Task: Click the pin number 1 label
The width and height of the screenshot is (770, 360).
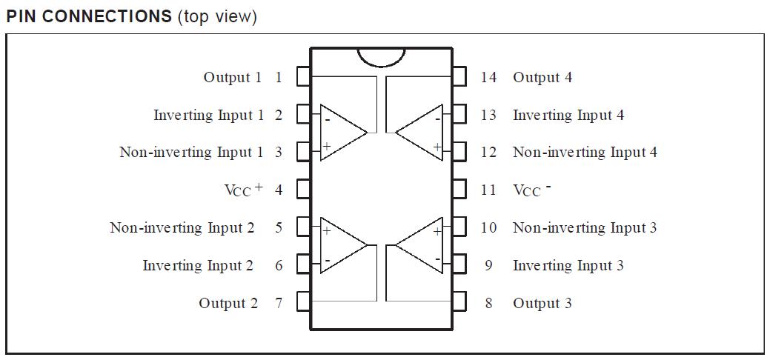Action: click(279, 77)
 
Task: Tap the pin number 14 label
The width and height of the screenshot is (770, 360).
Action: click(488, 77)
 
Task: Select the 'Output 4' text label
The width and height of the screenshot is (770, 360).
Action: click(542, 77)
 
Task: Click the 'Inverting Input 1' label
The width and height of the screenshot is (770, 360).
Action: click(208, 115)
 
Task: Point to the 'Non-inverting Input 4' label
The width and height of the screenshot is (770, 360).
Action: click(585, 152)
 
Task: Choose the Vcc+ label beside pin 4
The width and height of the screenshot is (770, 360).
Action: click(243, 190)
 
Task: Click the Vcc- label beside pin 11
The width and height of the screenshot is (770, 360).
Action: click(531, 190)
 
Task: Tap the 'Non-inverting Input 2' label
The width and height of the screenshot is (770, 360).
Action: click(182, 227)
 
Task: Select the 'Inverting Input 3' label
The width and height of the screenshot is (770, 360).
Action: click(568, 265)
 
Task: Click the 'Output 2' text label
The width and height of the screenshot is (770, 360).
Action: click(228, 303)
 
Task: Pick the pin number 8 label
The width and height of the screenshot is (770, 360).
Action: click(488, 303)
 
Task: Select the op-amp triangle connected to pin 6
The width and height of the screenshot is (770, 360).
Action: click(341, 246)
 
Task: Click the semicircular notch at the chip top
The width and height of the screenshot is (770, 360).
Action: click(381, 57)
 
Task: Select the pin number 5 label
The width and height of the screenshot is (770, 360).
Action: click(279, 227)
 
